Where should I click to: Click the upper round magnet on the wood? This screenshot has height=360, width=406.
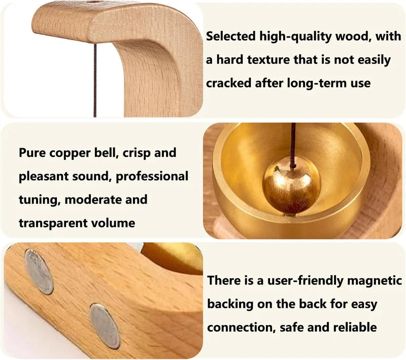tap(39, 272)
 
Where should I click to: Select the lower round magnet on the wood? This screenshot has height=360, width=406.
tap(105, 325)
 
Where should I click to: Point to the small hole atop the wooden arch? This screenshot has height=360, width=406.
tap(92, 3)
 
